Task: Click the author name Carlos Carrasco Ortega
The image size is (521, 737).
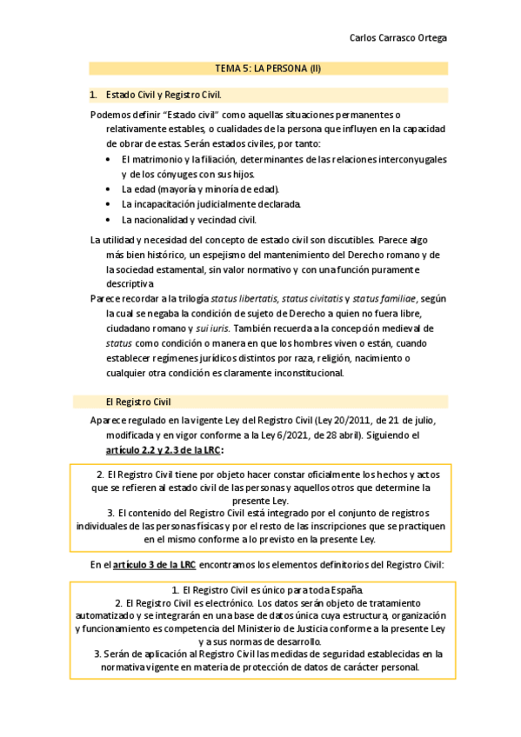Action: [397, 38]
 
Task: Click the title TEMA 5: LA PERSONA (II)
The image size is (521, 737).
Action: [269, 69]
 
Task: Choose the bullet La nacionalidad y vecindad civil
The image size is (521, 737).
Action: [189, 220]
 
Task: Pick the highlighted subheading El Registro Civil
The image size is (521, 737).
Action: [137, 402]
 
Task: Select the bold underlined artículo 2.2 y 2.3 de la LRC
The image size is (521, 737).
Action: [163, 450]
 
